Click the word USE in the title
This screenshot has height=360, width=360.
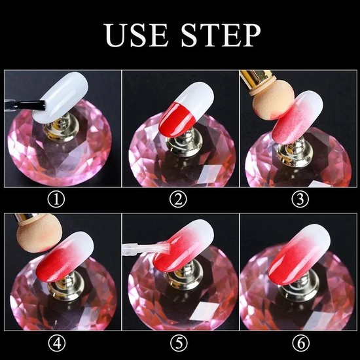(135, 35)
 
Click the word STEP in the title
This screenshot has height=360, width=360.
(221, 35)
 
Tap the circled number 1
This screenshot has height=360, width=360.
(56, 199)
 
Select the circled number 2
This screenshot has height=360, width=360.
(178, 199)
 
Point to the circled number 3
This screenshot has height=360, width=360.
(300, 199)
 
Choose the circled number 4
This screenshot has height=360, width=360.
(57, 344)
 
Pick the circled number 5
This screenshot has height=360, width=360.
(179, 344)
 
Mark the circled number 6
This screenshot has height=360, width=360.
(301, 344)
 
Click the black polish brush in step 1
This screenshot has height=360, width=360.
(25, 105)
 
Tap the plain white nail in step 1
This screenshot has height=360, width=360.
(61, 97)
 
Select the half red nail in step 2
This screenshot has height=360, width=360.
(187, 110)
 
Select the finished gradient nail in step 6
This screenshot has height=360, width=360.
(299, 254)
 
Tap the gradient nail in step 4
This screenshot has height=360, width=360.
(65, 257)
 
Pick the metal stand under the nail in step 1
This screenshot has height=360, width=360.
(62, 128)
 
